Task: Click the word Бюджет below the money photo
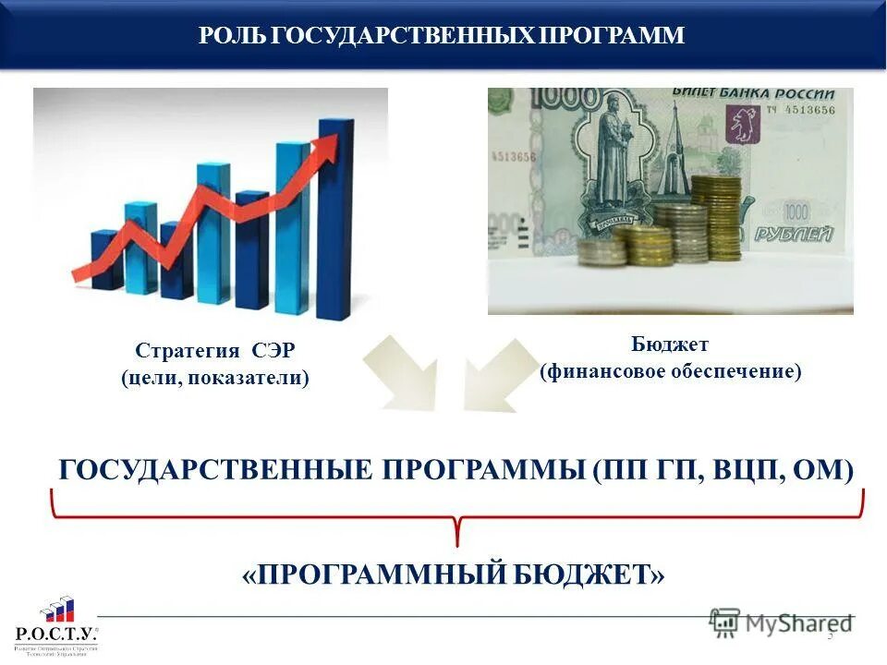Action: tap(670, 345)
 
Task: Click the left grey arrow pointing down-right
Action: tap(403, 373)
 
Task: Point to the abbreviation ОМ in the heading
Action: tap(824, 469)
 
